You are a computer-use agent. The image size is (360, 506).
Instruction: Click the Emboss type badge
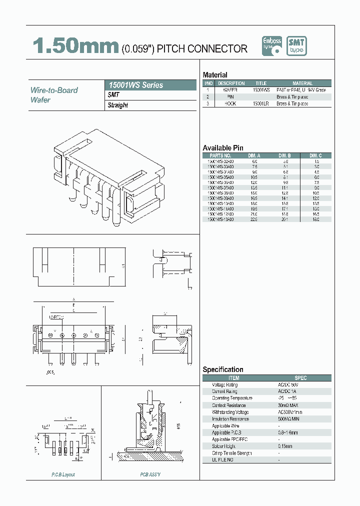pyautogui.click(x=272, y=46)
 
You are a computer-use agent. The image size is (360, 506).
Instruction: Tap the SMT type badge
pyautogui.click(x=296, y=46)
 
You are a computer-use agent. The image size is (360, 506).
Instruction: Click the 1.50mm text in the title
pyautogui.click(x=75, y=47)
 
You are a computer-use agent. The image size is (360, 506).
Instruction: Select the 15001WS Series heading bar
pyautogui.click(x=151, y=85)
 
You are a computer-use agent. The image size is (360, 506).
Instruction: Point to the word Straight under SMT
pyautogui.click(x=118, y=105)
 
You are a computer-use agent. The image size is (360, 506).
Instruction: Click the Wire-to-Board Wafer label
pyautogui.click(x=54, y=95)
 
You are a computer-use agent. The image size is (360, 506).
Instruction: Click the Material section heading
pyautogui.click(x=215, y=75)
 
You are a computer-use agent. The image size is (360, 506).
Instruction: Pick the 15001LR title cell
pyautogui.click(x=261, y=103)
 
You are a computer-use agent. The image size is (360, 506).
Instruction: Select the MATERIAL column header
pyautogui.click(x=302, y=83)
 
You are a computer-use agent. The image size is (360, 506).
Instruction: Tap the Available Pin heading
pyautogui.click(x=223, y=148)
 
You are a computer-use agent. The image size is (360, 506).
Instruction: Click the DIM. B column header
pyautogui.click(x=285, y=155)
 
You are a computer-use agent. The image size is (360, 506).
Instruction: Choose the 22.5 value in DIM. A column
pyautogui.click(x=254, y=218)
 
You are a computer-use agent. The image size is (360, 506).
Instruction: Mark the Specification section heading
pyautogui.click(x=223, y=369)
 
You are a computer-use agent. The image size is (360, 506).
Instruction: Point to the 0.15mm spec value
pyautogui.click(x=285, y=446)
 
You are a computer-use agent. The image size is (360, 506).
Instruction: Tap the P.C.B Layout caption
pyautogui.click(x=63, y=474)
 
